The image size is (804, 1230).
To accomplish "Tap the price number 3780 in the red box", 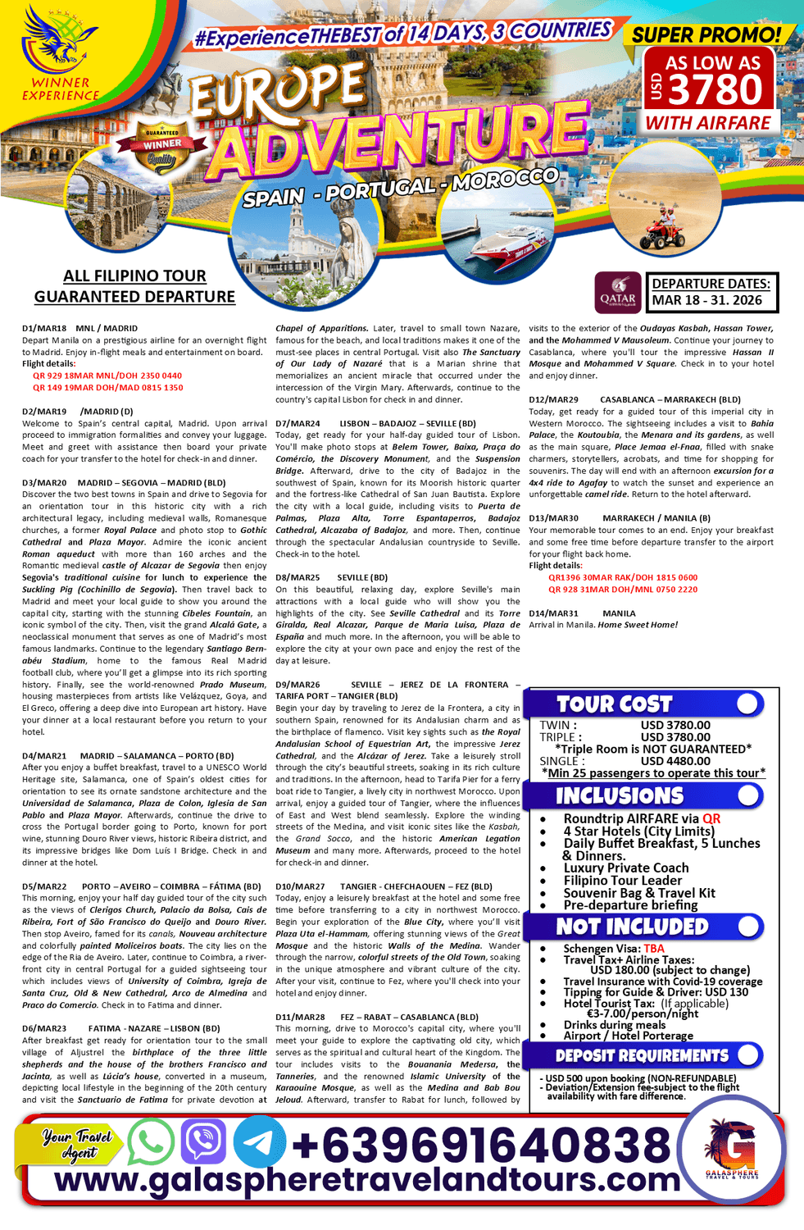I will coord(716,89).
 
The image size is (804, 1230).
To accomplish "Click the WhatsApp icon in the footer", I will coord(151,1141).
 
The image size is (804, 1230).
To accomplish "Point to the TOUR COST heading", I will coord(614,704).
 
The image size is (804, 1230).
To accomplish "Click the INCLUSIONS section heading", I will coord(620,796).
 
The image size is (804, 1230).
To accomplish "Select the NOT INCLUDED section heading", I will coord(632,927).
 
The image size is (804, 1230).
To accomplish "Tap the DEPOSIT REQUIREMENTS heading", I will coord(642,1055).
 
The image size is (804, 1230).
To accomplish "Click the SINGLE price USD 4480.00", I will coord(675,761).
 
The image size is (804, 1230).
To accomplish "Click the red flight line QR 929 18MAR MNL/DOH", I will coord(107,376).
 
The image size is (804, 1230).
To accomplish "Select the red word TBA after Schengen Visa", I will coord(654,948).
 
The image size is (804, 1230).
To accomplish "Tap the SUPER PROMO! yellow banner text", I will coord(706,34).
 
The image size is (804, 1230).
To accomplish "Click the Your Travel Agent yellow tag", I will coord(77,1143).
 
